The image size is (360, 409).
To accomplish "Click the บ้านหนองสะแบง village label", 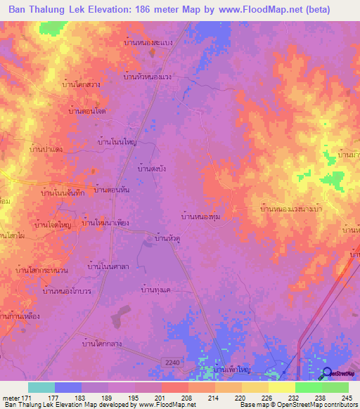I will [x=152, y=42].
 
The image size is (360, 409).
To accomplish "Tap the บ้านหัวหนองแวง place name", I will [x=148, y=77].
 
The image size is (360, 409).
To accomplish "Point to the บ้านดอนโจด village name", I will [x=87, y=111].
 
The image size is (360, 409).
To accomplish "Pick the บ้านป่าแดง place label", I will [x=47, y=149].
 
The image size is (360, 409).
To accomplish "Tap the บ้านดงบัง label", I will [x=152, y=169].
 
